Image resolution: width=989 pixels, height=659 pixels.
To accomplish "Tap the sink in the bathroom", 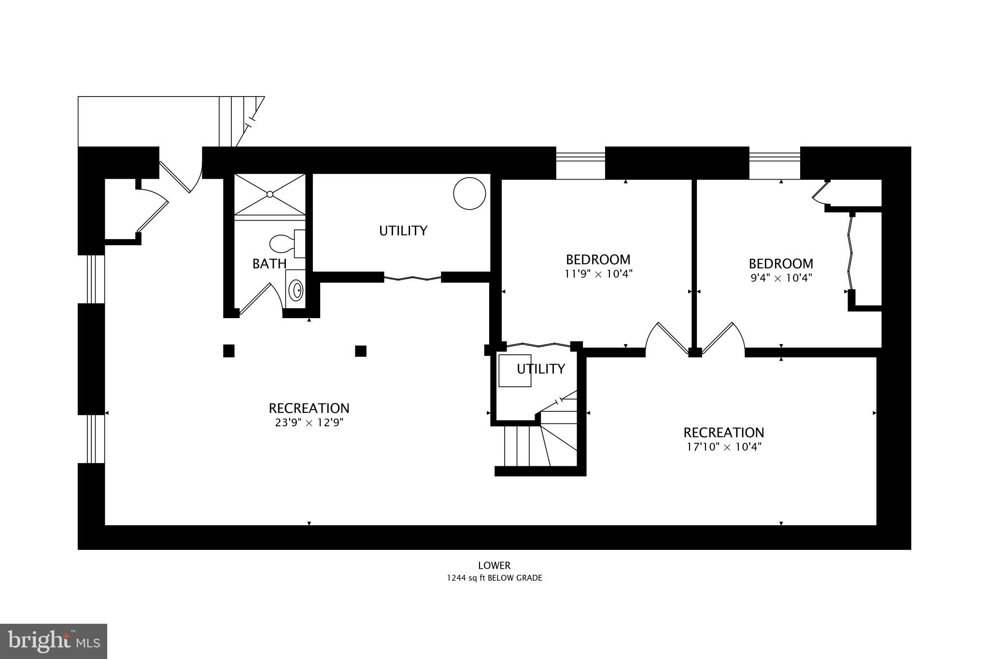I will pos(296,290).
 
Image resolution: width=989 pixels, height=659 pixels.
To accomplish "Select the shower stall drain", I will pos(270,194).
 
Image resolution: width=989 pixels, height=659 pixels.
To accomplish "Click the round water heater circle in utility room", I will pos(469,194).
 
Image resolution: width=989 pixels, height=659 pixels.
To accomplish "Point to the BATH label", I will pos(269,264).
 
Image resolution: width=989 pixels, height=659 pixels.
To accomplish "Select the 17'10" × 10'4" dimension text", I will pos(723,447).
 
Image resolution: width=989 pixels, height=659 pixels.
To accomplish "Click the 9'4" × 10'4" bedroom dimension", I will pos(780,278).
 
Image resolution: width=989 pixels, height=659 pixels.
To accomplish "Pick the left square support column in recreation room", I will pos(229,351).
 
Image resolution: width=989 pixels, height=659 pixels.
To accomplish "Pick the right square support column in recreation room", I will pos(361,351).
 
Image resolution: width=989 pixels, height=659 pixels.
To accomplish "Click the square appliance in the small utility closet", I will pos(514,371).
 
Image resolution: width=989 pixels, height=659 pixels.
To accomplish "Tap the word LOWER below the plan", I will pos(494,565).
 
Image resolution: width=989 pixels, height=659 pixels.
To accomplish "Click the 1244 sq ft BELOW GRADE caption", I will pos(494,578).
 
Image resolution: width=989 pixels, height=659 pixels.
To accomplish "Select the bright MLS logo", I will pos(54,641).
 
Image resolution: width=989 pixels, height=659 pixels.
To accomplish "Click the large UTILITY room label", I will pos(403,231).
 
